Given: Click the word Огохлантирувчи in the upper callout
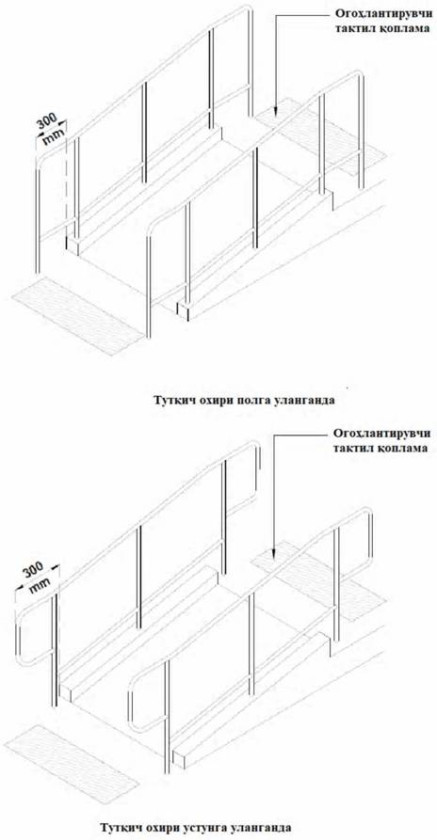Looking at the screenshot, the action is [x=381, y=13].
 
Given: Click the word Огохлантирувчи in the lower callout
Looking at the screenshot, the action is [x=381, y=433].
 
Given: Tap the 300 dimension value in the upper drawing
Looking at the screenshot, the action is [x=48, y=121].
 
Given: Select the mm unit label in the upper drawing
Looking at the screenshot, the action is [x=53, y=135].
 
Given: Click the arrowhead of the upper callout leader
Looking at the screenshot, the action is [x=275, y=110].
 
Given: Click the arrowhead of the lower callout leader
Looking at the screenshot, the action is [x=273, y=553].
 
